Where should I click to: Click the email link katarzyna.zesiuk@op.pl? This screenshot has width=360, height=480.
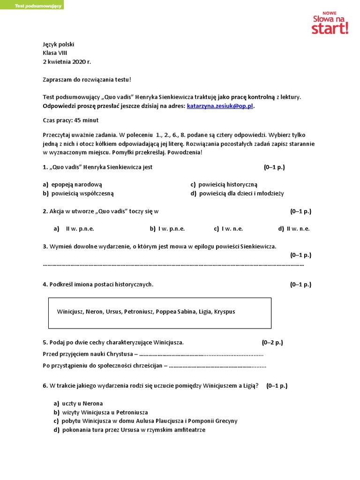[x=220, y=106]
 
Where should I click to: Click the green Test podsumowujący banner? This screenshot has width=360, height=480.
[x=32, y=5]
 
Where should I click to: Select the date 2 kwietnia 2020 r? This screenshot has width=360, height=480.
[x=67, y=62]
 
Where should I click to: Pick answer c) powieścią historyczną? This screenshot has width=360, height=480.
[x=224, y=185]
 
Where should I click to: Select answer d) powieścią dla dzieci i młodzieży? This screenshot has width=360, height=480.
[x=237, y=193]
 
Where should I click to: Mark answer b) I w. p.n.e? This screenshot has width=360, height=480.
[x=167, y=229]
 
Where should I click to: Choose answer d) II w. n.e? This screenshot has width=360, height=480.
[x=294, y=229]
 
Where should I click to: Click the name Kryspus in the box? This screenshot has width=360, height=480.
[x=225, y=311]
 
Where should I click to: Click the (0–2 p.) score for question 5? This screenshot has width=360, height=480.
[x=272, y=342]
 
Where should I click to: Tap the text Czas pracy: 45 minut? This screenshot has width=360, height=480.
[x=70, y=120]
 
